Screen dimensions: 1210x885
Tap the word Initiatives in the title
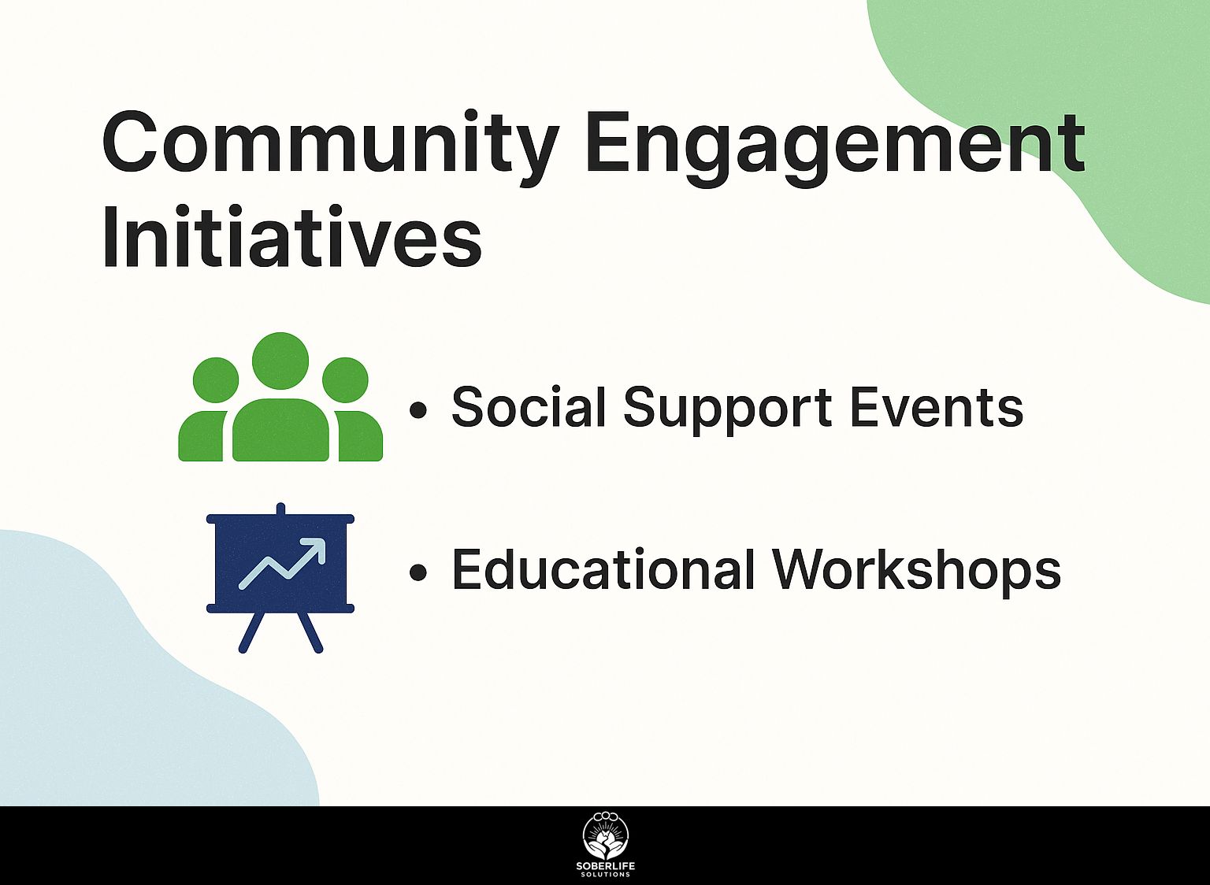(291, 236)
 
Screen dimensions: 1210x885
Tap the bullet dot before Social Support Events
(418, 410)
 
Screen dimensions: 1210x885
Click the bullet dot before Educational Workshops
(418, 572)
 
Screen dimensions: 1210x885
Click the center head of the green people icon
(280, 361)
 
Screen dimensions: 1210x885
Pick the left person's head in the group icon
(216, 380)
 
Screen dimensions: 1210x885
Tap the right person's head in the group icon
(345, 380)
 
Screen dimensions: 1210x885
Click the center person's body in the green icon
(280, 430)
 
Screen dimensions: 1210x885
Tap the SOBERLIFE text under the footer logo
(606, 866)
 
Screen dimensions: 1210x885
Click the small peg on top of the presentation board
(280, 509)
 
